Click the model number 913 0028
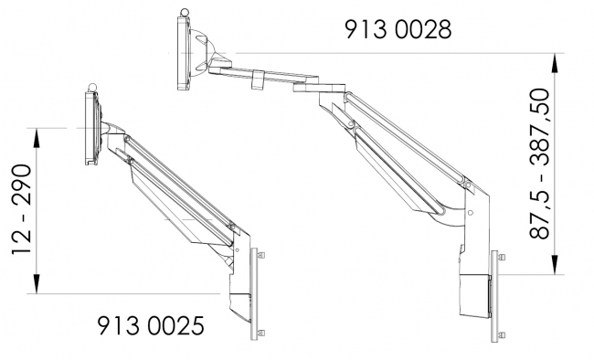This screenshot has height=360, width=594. [398, 29]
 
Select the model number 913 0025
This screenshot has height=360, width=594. [150, 324]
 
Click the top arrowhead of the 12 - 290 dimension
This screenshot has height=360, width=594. [36, 134]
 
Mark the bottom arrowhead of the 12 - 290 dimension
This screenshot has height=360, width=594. [36, 287]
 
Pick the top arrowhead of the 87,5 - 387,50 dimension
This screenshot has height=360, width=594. [555, 60]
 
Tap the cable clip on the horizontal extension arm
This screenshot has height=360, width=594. [256, 79]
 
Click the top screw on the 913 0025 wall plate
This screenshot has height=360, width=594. [261, 255]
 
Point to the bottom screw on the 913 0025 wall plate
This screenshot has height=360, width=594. [261, 332]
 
